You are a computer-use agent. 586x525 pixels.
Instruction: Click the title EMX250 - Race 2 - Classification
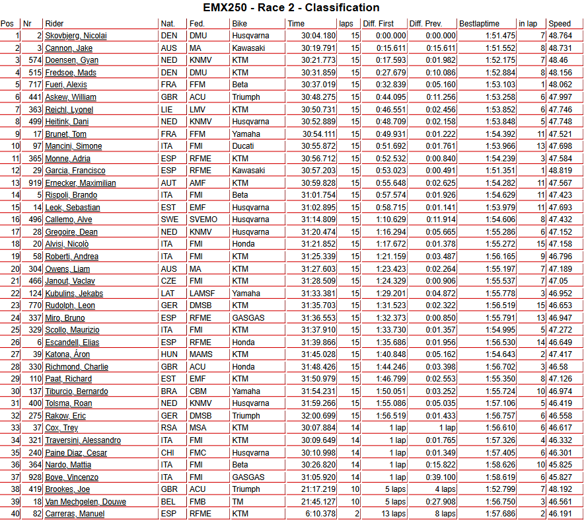[x=292, y=8]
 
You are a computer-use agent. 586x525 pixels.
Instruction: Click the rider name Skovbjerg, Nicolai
[x=76, y=36]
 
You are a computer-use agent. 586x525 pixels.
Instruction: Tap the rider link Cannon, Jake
[x=69, y=48]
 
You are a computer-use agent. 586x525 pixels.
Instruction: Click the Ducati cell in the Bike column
[x=242, y=146]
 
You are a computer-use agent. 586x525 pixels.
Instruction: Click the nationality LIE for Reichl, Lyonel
[x=168, y=110]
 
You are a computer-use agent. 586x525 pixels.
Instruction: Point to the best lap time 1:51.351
[x=500, y=171]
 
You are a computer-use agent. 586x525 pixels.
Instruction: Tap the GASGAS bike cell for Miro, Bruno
[x=248, y=318]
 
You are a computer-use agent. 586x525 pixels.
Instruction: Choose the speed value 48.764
[x=560, y=36]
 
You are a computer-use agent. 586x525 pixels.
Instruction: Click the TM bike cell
[x=238, y=502]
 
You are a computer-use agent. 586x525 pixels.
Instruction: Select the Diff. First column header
[x=379, y=24]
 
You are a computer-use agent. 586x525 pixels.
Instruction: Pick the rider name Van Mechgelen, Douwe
[x=85, y=502]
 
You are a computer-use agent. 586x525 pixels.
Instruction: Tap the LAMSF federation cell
[x=202, y=294]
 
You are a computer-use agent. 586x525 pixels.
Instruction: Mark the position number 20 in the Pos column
[x=15, y=269]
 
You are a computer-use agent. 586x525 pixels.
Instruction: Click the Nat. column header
[x=168, y=24]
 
